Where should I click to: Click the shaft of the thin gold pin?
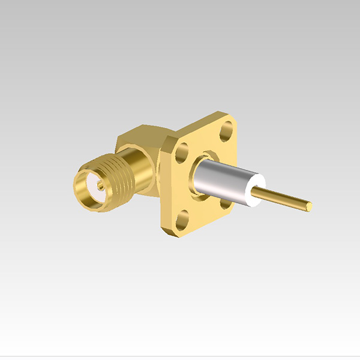click(282, 199)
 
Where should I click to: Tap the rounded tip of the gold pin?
click(309, 206)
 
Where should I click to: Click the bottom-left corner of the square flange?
click(165, 231)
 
